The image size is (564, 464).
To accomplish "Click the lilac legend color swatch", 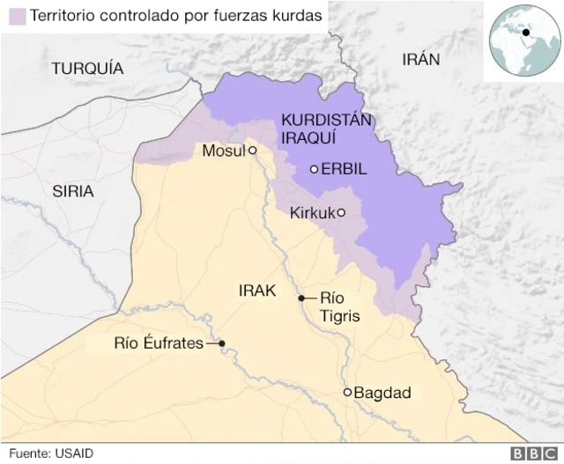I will point(15,16).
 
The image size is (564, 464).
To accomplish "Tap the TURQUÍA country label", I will point(87,68).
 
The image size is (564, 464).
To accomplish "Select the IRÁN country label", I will point(420,59).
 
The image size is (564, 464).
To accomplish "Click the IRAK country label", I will point(257,291).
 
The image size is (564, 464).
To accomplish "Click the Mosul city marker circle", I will point(252,151).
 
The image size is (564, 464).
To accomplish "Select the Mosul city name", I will point(223,151).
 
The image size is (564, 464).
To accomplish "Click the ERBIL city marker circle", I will point(314,170).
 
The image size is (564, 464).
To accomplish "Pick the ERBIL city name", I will point(344,170).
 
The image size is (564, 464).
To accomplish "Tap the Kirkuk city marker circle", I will point(341,212).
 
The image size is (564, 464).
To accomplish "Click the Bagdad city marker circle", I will point(348,393).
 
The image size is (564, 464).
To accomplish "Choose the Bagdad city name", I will point(382,393).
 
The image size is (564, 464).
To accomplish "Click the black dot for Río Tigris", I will point(301,298).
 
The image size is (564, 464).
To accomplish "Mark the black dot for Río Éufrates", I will point(222,343).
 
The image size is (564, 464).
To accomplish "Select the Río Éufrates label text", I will point(159,343).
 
